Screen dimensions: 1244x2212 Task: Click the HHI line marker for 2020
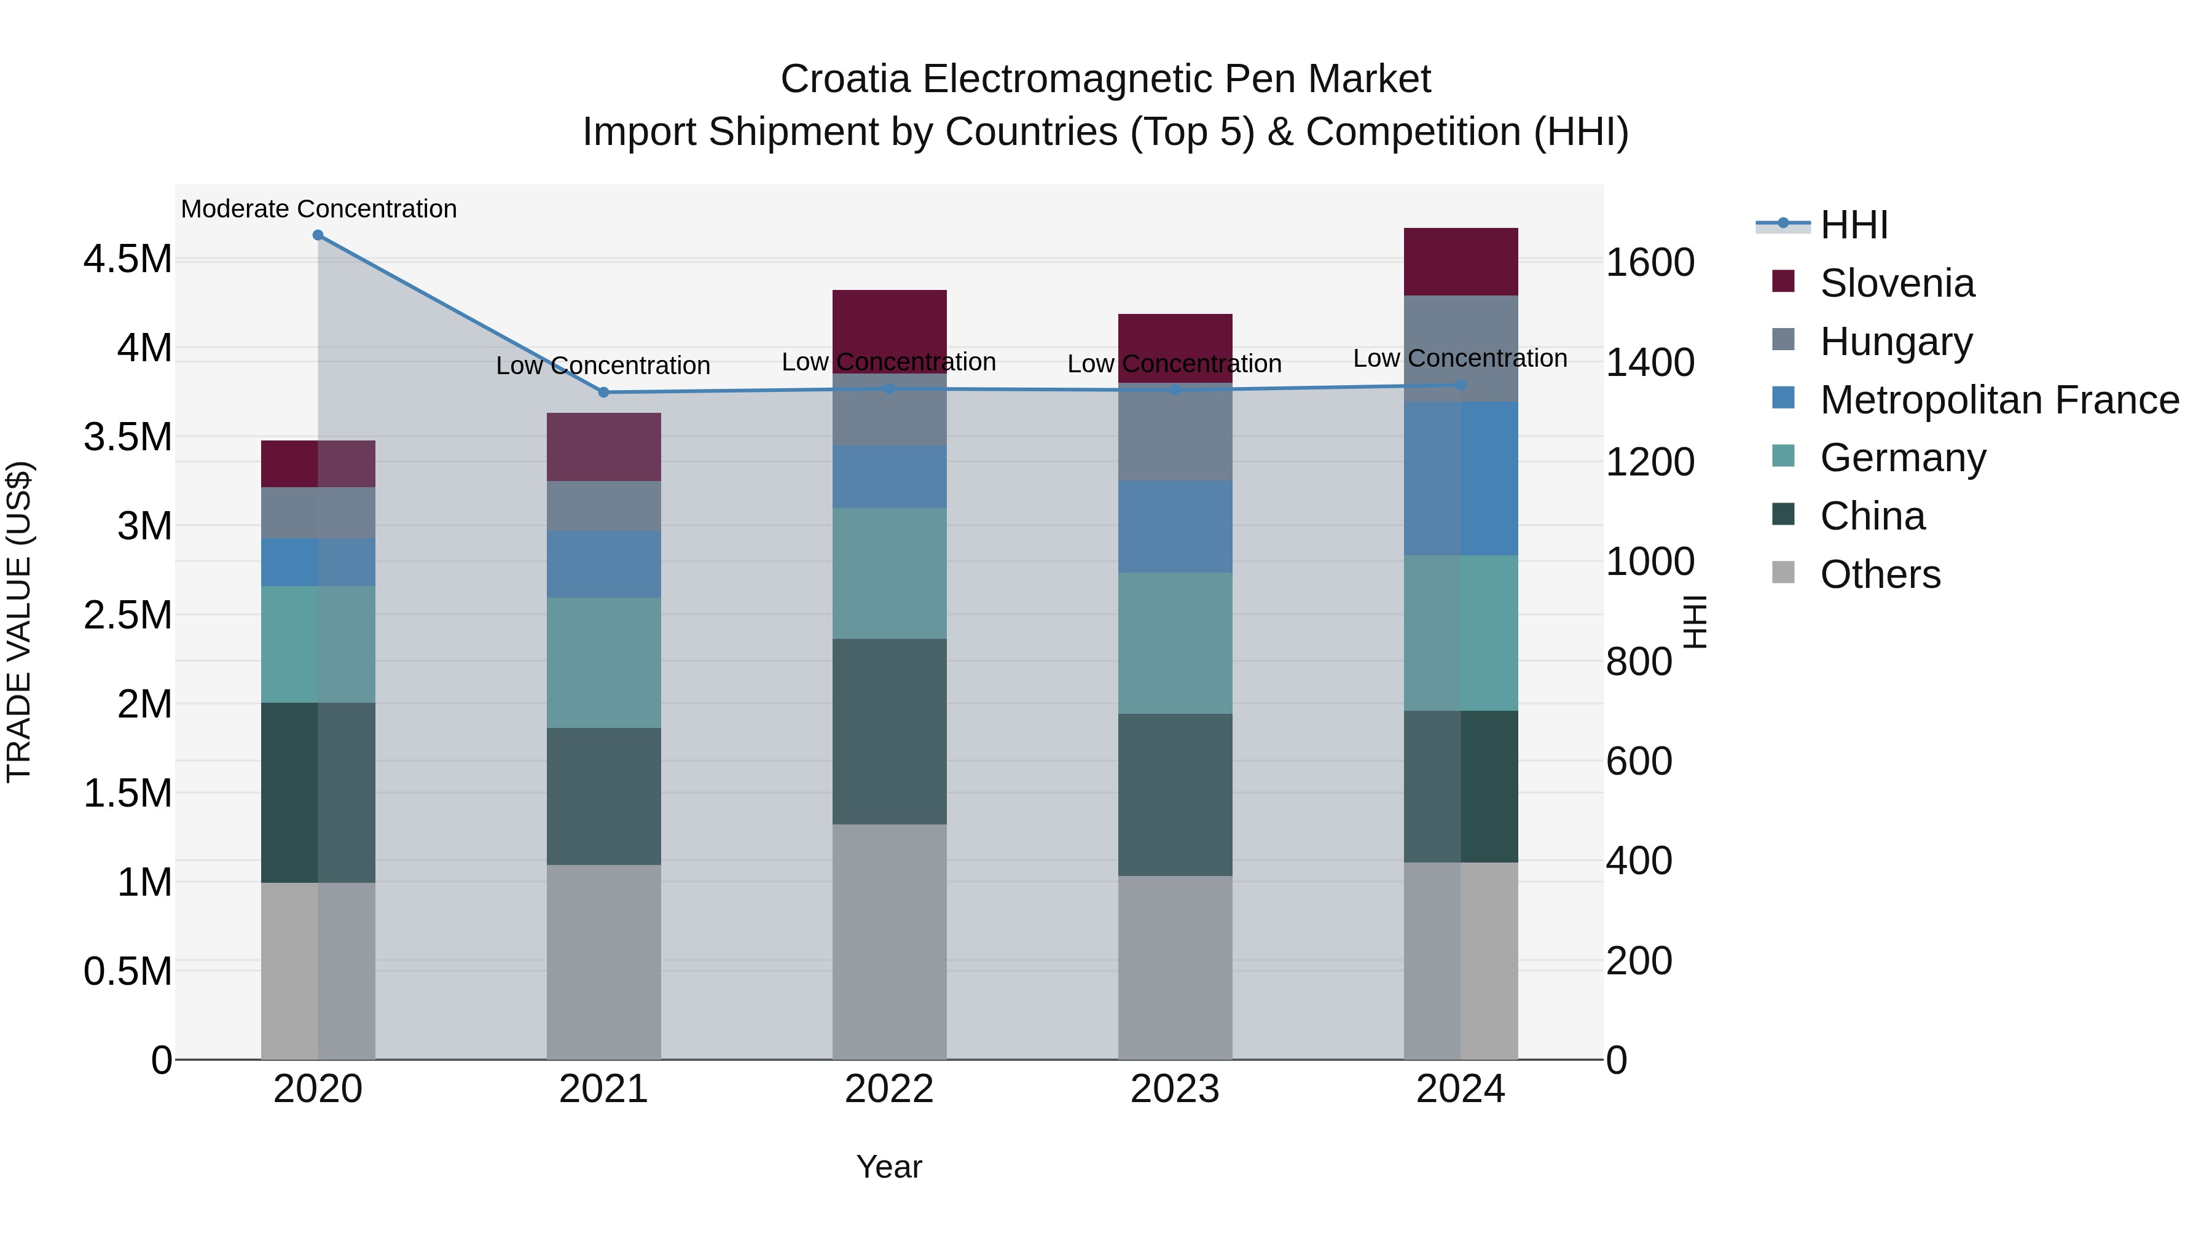(318, 235)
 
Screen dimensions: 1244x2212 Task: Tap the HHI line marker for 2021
(603, 393)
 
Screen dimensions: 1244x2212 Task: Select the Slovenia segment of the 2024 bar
(1461, 262)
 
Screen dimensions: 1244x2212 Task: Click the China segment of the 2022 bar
(890, 732)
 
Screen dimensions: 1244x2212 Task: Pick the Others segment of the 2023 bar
(1175, 968)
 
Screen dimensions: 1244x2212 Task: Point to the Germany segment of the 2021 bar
(603, 663)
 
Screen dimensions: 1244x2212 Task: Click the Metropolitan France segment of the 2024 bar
(1461, 478)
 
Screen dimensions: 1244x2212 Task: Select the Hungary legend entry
(1896, 342)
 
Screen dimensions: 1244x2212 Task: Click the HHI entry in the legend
(1853, 225)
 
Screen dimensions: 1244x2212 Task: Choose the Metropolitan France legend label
(1999, 400)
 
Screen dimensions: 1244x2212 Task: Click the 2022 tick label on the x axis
(890, 1089)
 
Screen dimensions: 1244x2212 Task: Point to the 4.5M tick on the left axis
(127, 259)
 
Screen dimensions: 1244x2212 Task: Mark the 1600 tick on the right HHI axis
(1650, 263)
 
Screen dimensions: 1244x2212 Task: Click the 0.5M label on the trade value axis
(127, 972)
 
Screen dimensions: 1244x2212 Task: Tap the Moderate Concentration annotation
(318, 209)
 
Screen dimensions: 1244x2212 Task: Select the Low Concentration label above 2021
(603, 366)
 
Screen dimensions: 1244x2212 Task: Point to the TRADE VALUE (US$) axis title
(19, 622)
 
